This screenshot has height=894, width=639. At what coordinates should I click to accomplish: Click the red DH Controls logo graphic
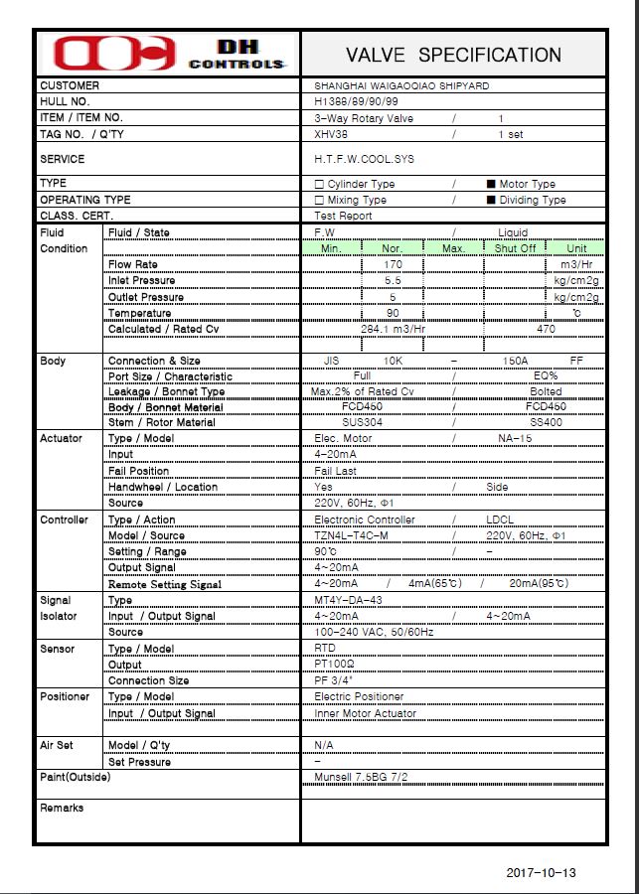(x=114, y=53)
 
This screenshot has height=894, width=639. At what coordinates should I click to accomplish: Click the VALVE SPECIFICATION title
(x=453, y=55)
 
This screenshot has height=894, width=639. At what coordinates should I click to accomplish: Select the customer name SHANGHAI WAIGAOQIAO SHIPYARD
(x=401, y=86)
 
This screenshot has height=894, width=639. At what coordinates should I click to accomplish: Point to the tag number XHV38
(x=331, y=134)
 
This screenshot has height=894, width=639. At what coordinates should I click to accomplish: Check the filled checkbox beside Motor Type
(x=491, y=184)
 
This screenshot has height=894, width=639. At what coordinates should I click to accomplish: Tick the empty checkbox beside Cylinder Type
(x=319, y=184)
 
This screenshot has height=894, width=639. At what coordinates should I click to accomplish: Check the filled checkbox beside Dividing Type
(x=491, y=200)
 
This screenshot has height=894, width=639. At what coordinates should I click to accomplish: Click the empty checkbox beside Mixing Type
(x=319, y=200)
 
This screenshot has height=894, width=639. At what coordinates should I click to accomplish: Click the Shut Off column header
(x=515, y=248)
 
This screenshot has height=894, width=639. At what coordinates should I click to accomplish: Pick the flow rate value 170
(x=393, y=265)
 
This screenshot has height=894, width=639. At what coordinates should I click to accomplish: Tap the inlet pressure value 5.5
(x=393, y=281)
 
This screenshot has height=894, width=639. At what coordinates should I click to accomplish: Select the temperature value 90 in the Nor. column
(x=393, y=313)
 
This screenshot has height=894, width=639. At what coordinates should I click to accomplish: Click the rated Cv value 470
(x=546, y=329)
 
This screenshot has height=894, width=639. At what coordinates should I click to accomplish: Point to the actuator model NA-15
(x=515, y=438)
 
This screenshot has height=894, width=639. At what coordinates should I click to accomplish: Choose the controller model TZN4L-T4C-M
(x=351, y=535)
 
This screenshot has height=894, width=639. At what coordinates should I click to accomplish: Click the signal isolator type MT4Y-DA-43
(x=348, y=600)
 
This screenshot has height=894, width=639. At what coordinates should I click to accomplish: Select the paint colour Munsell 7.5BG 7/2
(x=361, y=776)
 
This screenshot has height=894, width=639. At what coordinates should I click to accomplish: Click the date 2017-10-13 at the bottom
(x=541, y=873)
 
